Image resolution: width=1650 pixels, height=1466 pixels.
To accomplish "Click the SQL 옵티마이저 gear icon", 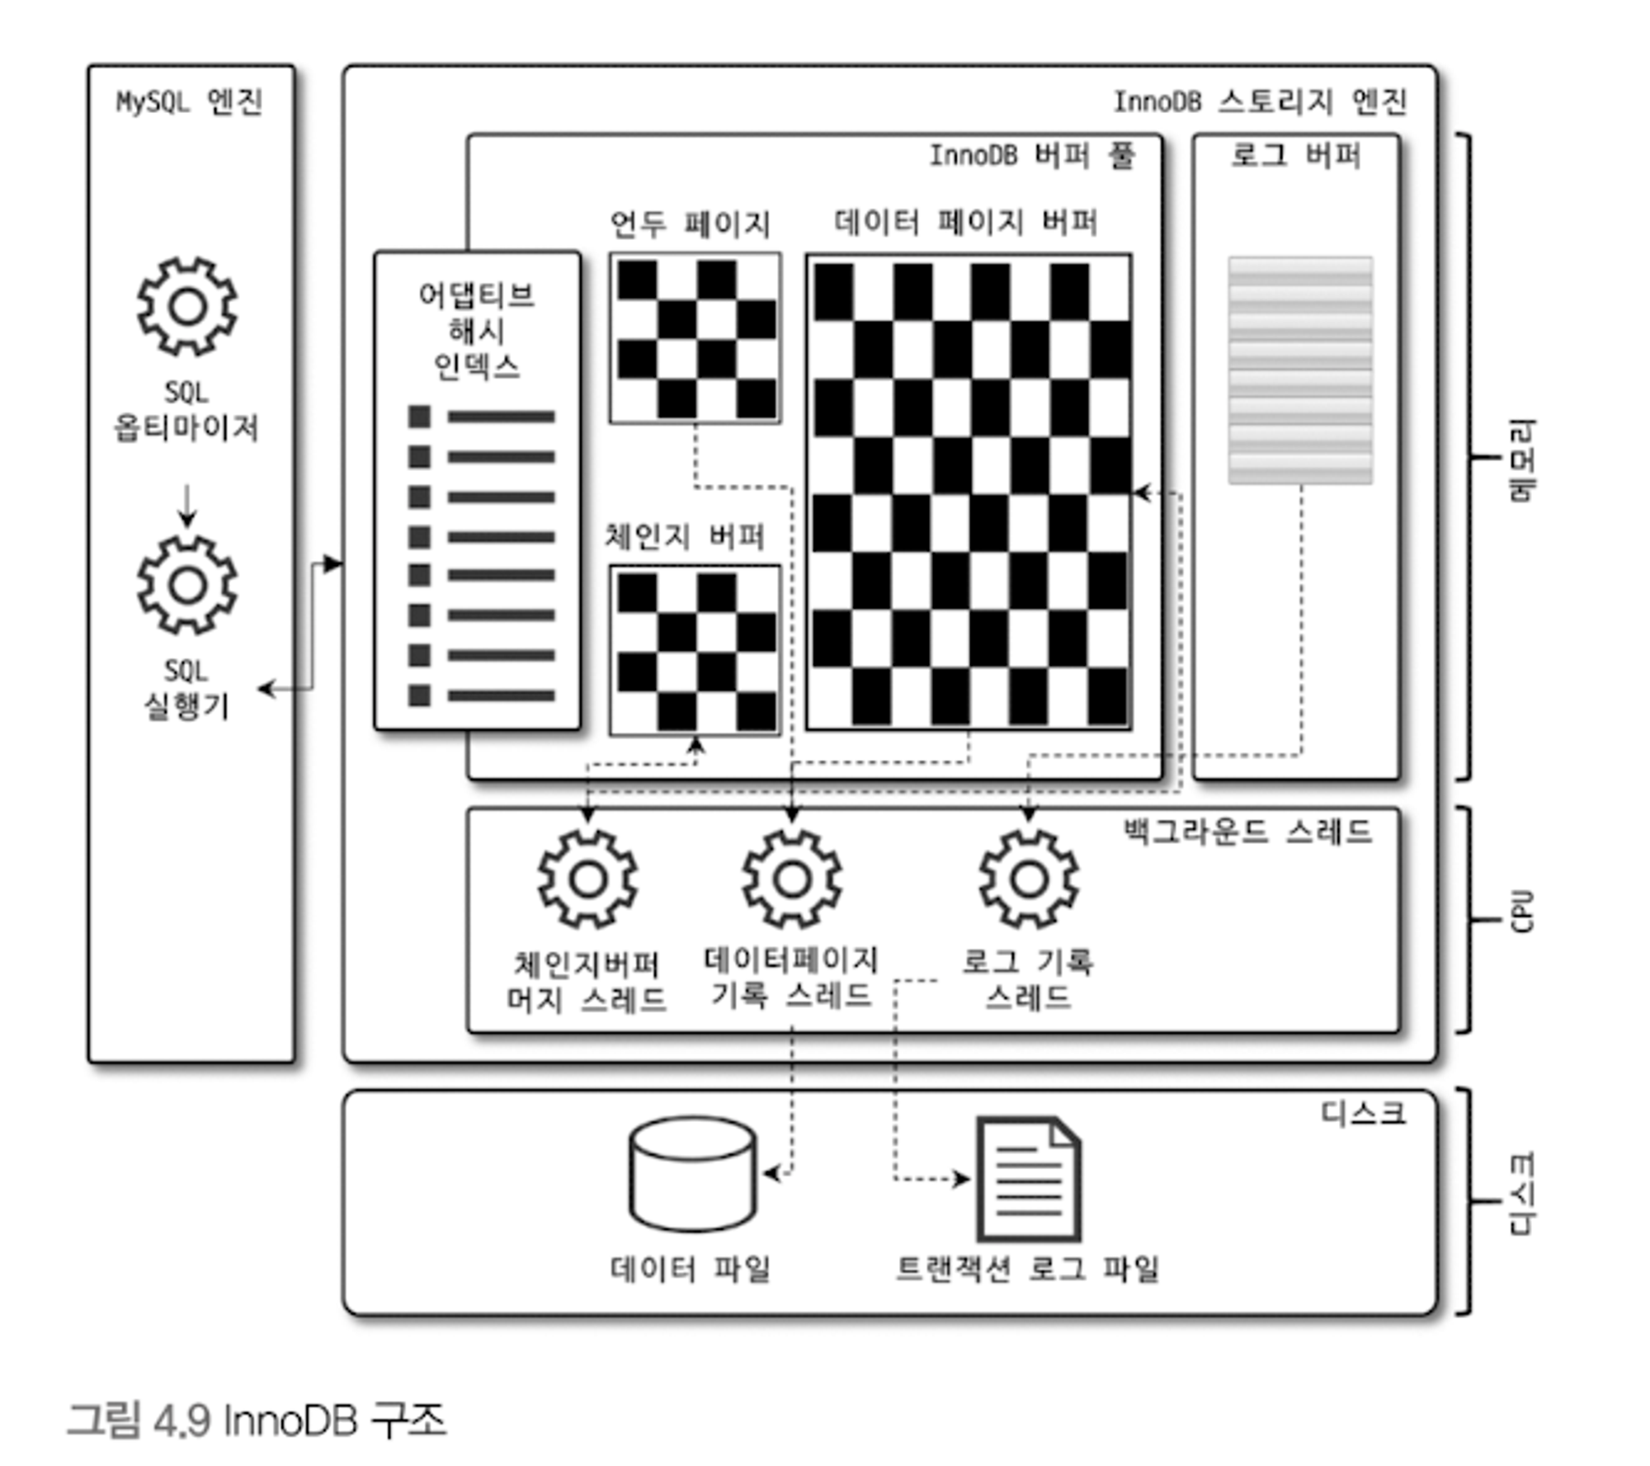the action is click(187, 306).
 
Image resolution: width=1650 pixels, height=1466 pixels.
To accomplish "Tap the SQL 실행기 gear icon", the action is click(187, 585).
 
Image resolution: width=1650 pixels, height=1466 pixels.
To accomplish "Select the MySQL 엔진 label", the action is click(189, 102).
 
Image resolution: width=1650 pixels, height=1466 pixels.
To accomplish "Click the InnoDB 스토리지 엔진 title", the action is click(1260, 102).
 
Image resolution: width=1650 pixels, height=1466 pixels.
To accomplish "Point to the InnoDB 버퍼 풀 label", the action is click(1032, 155).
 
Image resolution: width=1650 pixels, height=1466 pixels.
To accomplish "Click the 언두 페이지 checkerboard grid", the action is click(695, 338).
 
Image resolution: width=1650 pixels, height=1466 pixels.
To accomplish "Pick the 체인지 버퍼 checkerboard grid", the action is click(695, 650).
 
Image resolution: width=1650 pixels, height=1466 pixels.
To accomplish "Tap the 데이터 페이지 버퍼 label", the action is click(965, 222).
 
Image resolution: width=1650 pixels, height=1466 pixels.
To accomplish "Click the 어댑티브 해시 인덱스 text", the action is click(477, 331).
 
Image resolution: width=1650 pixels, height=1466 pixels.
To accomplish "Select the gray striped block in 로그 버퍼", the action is click(1300, 370).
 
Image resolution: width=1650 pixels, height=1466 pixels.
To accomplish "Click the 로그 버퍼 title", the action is click(1295, 155).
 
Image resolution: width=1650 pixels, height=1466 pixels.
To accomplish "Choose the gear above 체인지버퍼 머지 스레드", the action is click(587, 879).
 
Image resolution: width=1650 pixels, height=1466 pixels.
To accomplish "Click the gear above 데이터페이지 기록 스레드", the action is click(792, 879).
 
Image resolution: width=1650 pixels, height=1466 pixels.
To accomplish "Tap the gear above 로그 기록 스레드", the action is click(1029, 879).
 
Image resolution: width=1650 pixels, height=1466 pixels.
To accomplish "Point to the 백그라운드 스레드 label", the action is click(1247, 832).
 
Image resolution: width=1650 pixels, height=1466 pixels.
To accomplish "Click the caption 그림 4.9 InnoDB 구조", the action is click(257, 1421).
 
